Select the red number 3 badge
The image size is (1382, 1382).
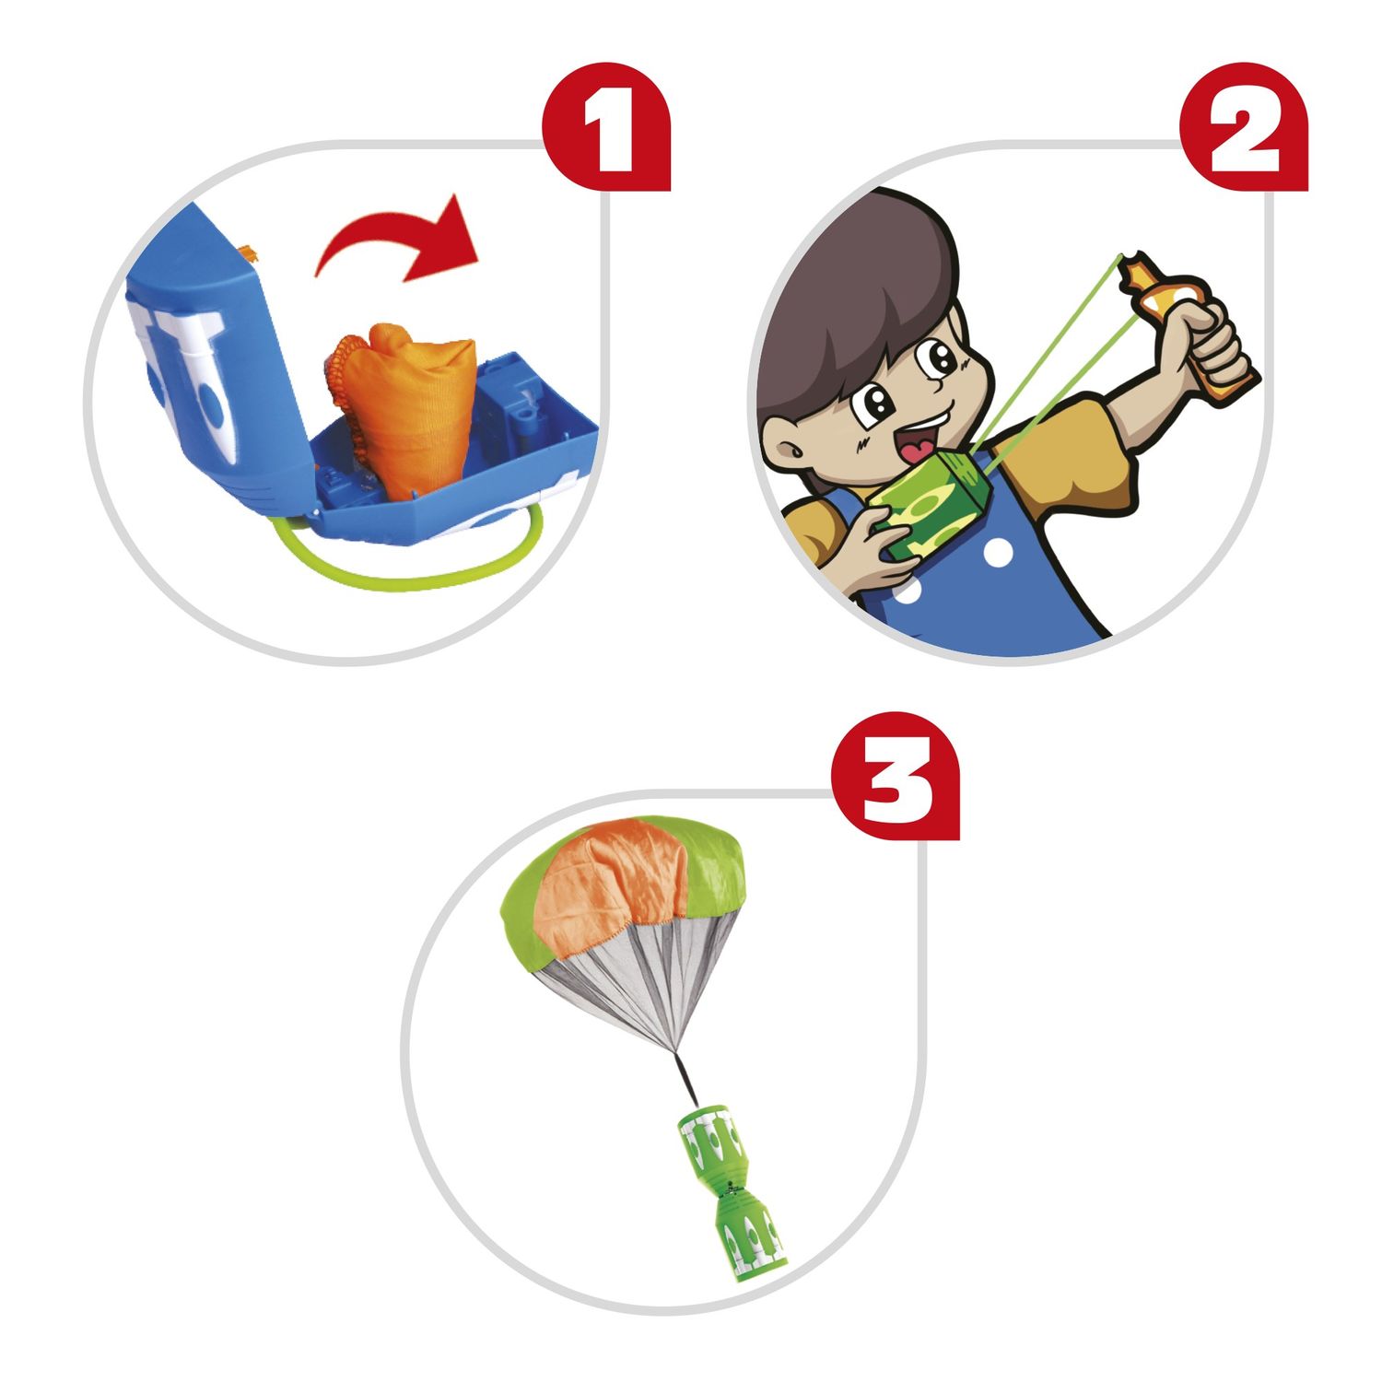pyautogui.click(x=896, y=776)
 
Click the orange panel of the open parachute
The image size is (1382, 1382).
pyautogui.click(x=613, y=875)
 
